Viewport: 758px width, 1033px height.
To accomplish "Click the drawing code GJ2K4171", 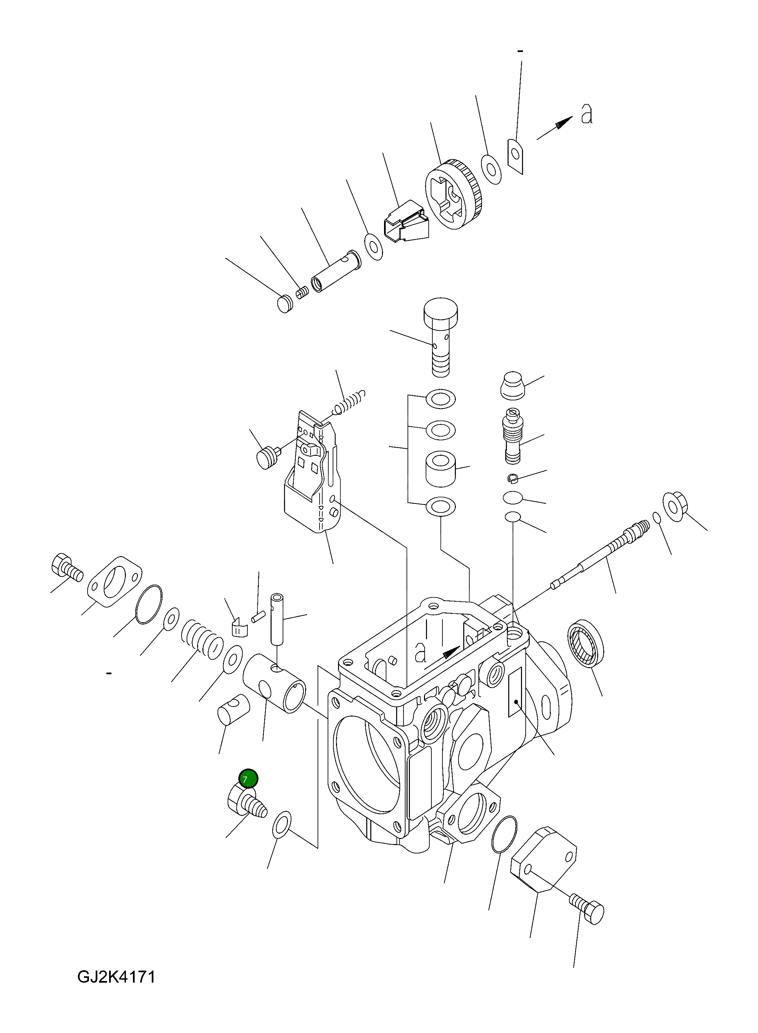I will [x=116, y=977].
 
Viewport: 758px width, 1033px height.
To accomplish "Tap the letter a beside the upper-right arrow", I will [x=586, y=114].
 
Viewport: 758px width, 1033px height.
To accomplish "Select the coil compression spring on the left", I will [x=201, y=640].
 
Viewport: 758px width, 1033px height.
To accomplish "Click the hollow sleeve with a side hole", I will [x=274, y=683].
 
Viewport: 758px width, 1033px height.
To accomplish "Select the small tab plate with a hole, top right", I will [x=516, y=157].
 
